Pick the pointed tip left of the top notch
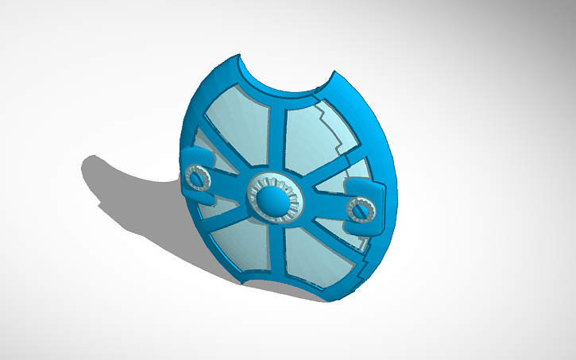(x=241, y=57)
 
